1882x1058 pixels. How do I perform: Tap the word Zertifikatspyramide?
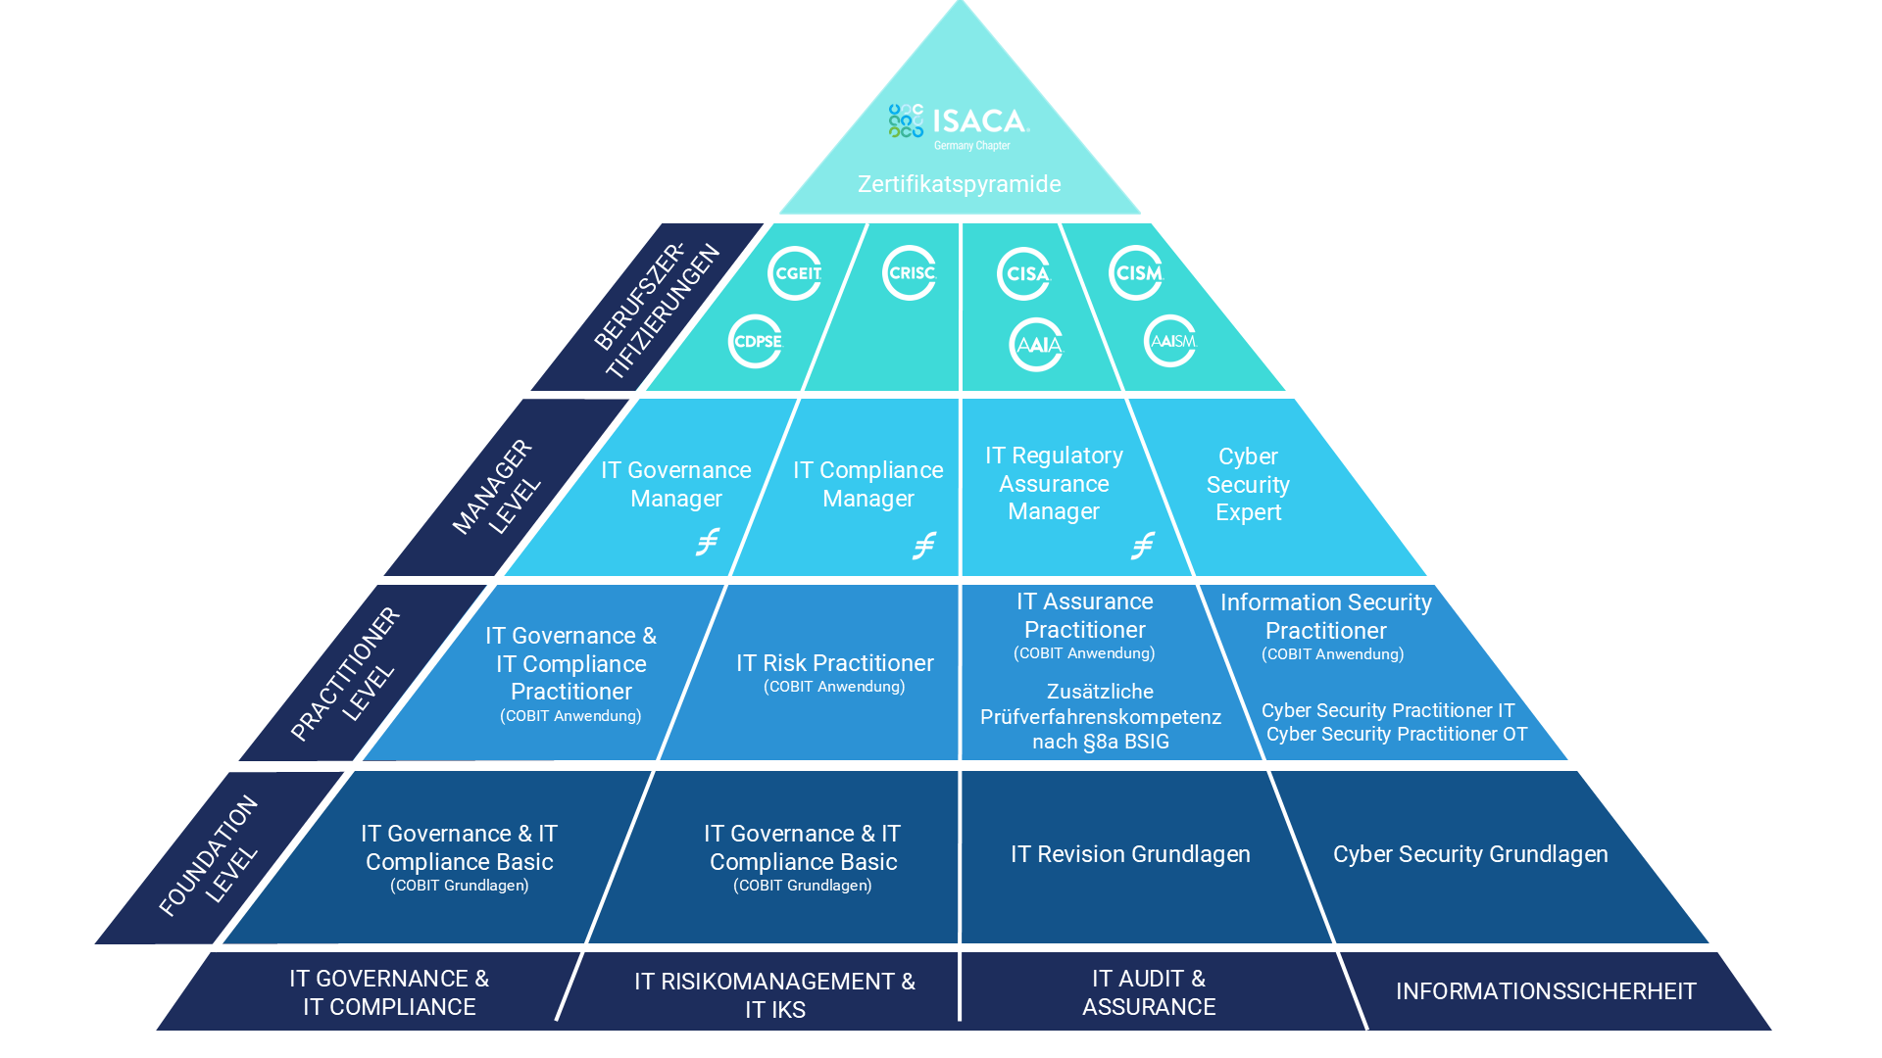[959, 184]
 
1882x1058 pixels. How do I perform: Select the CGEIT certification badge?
[795, 273]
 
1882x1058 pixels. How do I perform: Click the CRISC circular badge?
[910, 273]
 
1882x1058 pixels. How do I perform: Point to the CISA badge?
[1024, 273]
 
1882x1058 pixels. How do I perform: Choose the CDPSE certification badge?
[756, 342]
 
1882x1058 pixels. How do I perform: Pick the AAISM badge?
[1170, 342]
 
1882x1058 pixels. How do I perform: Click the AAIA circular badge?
[1037, 345]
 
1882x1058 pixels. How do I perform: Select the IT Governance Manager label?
[676, 485]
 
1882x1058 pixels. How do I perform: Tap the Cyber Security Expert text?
[1248, 485]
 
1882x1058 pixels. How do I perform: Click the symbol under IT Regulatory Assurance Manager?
[1143, 546]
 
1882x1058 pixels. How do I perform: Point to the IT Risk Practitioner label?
[834, 664]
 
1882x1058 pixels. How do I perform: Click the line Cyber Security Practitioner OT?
[1396, 735]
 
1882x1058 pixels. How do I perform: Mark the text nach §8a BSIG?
[1101, 743]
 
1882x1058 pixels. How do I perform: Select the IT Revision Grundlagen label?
[1130, 854]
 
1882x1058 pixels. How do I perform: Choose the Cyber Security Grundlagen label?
[1470, 854]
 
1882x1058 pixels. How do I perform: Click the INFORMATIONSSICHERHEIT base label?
[1546, 991]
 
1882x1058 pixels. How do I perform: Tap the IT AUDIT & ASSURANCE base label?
[1149, 992]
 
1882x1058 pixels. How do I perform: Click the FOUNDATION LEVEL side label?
[209, 855]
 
